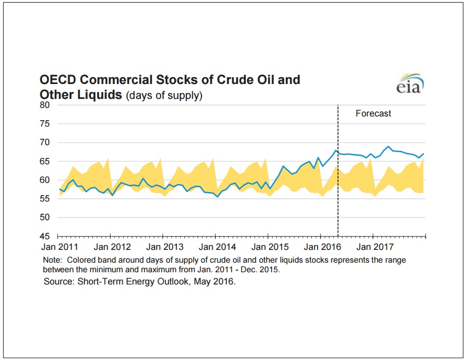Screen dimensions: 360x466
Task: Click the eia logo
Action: [410, 82]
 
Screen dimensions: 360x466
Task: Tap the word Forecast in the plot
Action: [373, 113]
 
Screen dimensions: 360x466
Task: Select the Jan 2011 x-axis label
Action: [60, 247]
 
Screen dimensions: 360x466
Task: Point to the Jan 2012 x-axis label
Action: [112, 247]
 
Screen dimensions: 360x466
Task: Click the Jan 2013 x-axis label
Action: [165, 247]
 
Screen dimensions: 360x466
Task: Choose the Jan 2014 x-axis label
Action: [217, 247]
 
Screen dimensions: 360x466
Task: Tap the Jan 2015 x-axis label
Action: [270, 247]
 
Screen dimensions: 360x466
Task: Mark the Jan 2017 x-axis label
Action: [374, 247]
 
